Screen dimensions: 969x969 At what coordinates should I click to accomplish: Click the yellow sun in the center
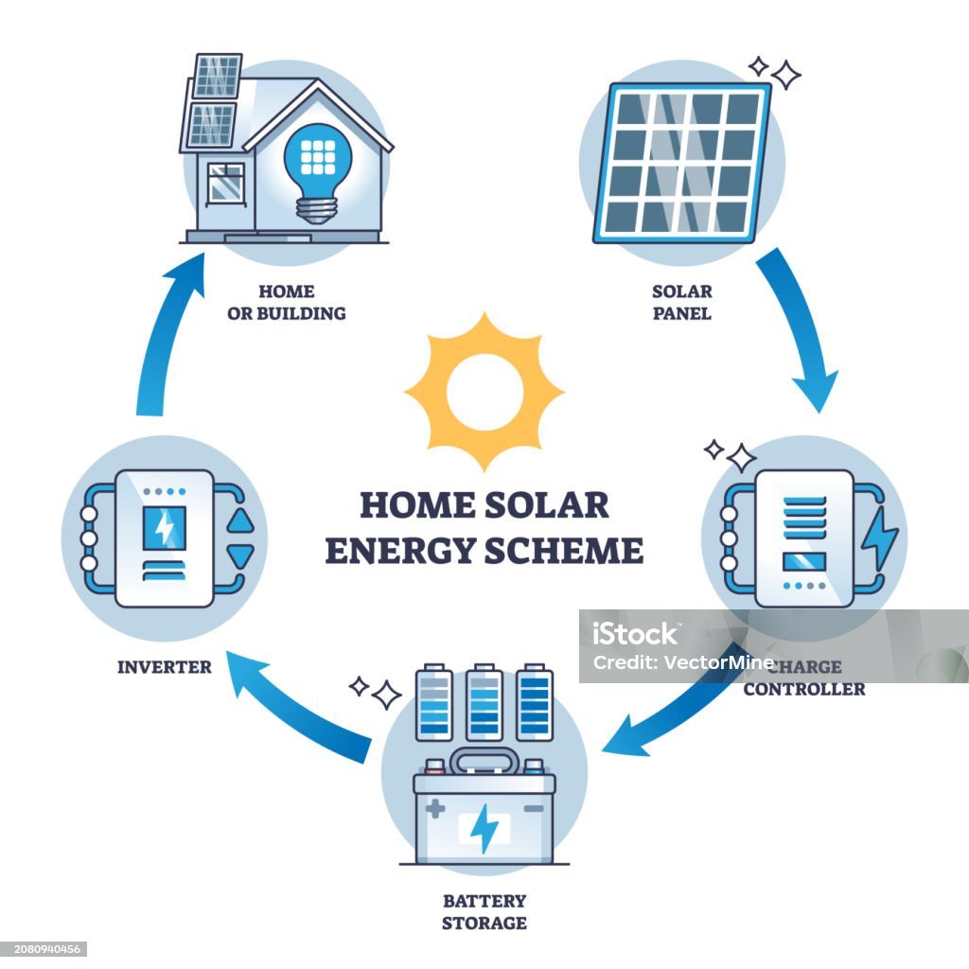point(484,392)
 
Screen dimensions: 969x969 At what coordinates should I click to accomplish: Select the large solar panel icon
point(681,163)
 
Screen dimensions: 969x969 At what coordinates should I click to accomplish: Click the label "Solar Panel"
point(681,302)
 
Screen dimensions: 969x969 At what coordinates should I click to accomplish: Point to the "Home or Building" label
point(286,302)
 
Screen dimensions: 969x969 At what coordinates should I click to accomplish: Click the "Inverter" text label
point(164,666)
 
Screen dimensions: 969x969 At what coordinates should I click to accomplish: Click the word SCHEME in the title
point(563,550)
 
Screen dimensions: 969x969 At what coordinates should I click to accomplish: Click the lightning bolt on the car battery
point(484,828)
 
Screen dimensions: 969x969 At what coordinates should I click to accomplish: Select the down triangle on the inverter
point(243,556)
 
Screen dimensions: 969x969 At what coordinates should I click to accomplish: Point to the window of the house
point(226,183)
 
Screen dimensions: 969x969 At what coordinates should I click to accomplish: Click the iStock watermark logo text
point(635,634)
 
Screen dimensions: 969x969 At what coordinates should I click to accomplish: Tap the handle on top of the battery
point(484,758)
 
